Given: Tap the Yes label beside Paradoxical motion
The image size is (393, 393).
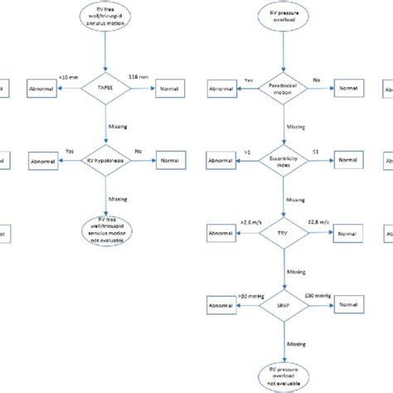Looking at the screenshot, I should [x=248, y=80].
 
